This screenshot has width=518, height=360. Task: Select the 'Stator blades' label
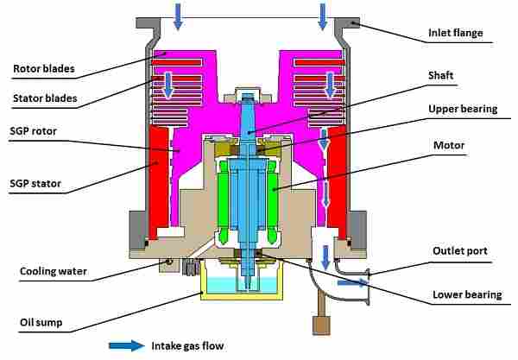click(45, 98)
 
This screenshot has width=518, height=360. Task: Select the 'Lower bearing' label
click(467, 294)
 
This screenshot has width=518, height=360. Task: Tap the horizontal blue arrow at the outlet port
click(350, 281)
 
